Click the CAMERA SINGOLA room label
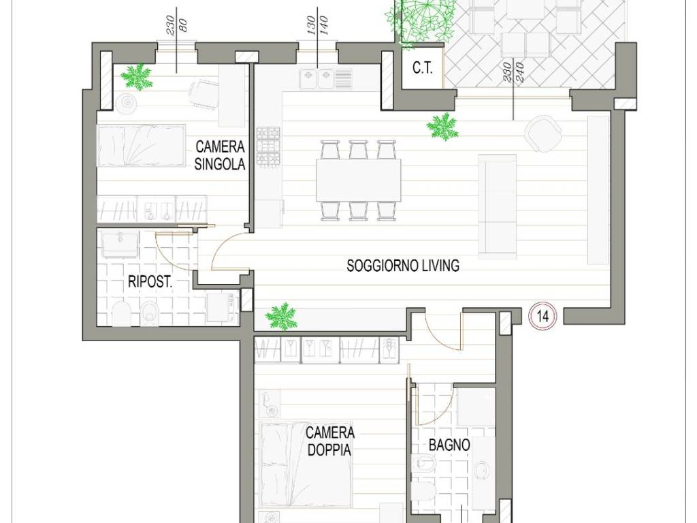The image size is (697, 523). click(220, 155)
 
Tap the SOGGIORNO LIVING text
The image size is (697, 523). click(403, 266)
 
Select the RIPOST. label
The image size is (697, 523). click(150, 281)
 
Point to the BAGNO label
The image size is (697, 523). click(449, 445)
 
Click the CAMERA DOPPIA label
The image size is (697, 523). click(330, 441)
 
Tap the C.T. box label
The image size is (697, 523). click(422, 69)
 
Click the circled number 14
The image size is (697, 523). click(542, 316)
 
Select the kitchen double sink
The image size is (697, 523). click(317, 79)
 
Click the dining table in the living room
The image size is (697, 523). click(358, 180)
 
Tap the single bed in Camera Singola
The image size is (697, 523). click(141, 146)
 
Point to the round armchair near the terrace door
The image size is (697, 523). click(542, 133)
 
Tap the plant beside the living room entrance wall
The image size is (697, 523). click(281, 316)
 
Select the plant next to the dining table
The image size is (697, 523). click(442, 126)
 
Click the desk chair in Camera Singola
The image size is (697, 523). click(204, 94)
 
